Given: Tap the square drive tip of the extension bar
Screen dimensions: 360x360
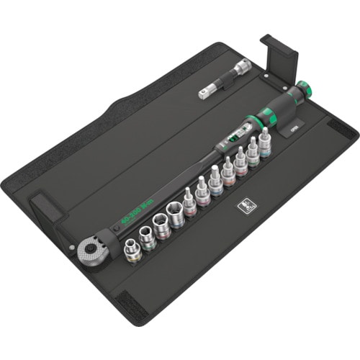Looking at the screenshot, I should tap(204, 94).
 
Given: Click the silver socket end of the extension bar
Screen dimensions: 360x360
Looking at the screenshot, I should tap(240, 66).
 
